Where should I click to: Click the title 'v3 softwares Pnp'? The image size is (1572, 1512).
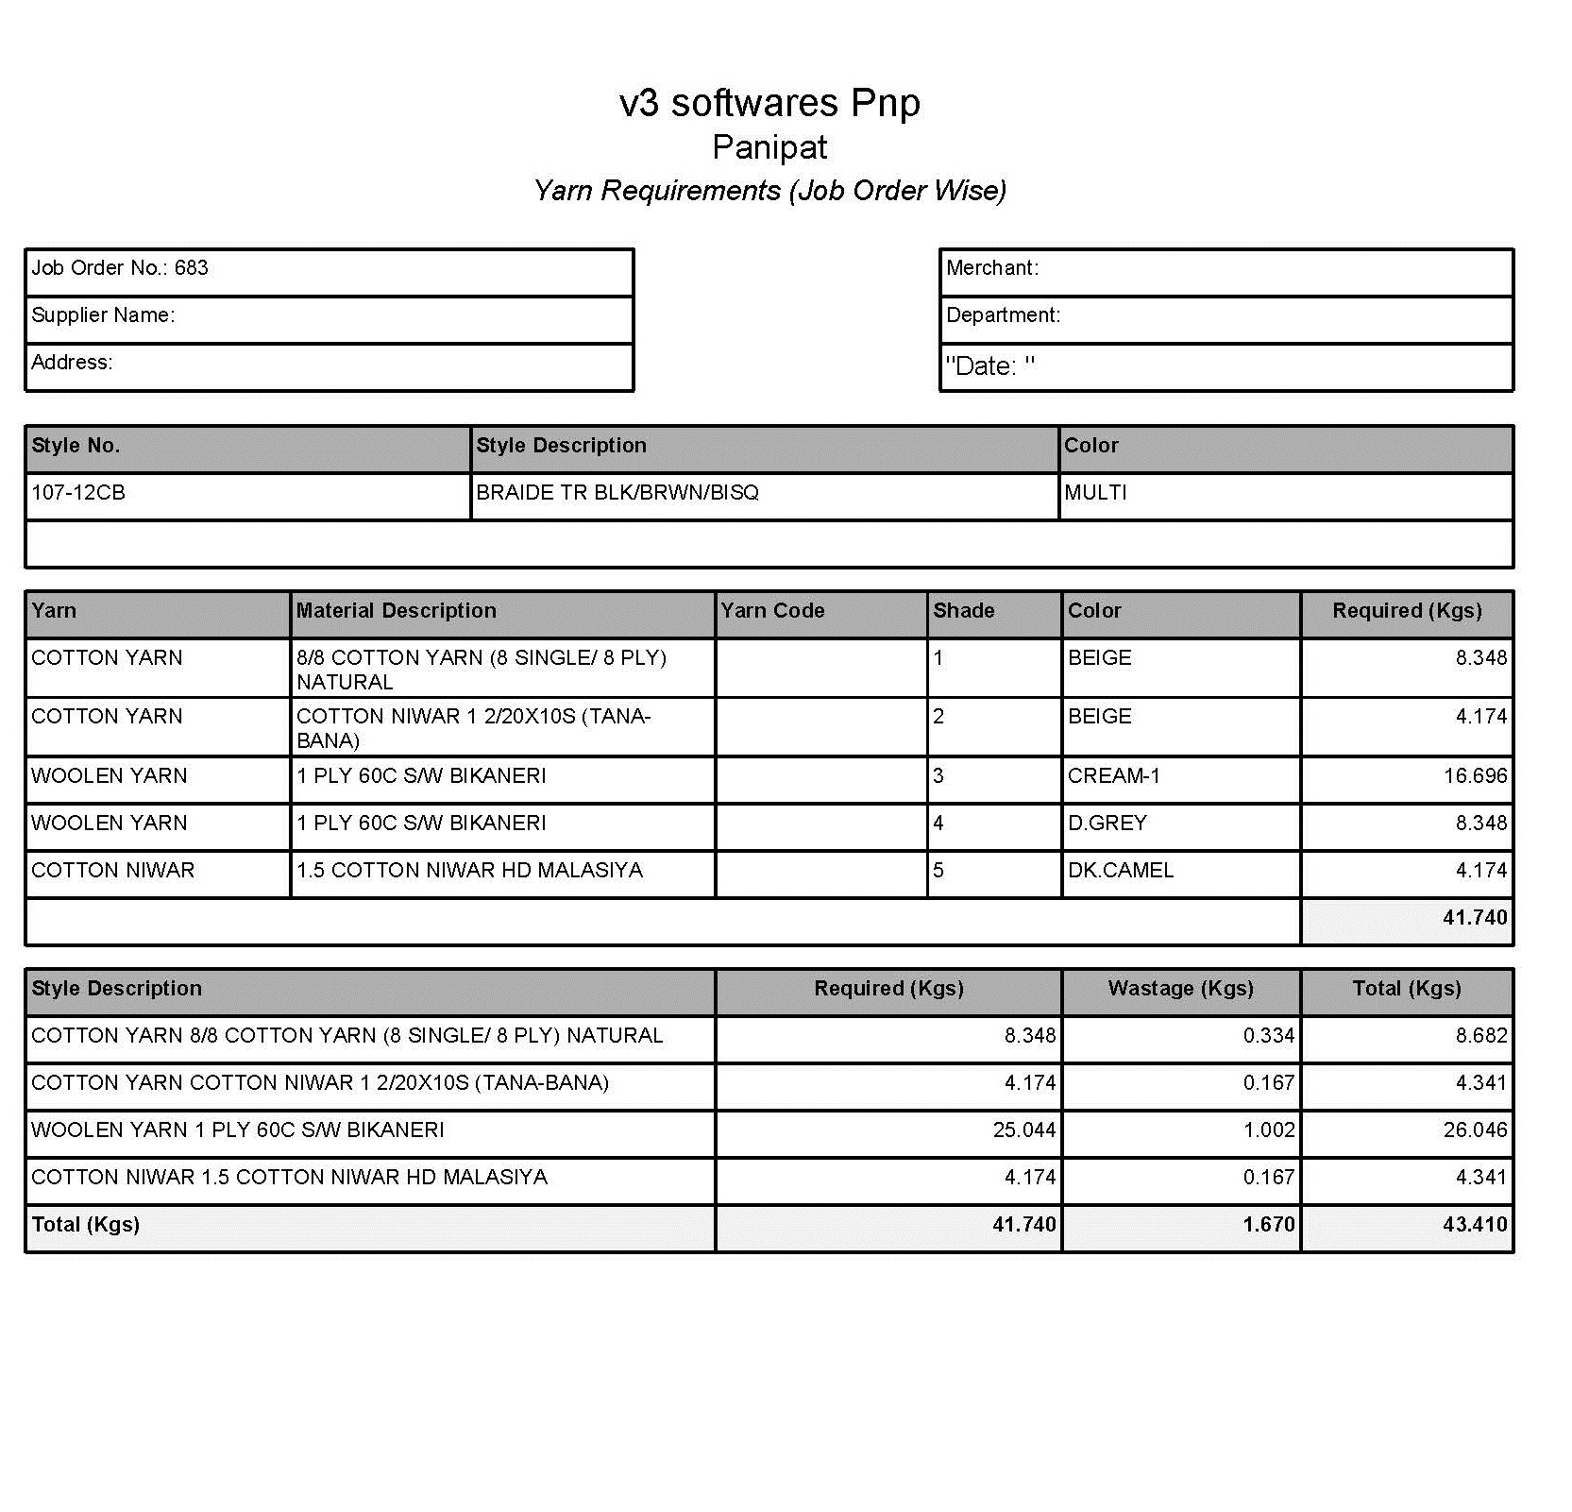click(769, 103)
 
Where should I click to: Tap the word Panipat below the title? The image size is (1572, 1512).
click(769, 147)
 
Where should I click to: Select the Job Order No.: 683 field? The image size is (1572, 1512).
click(120, 268)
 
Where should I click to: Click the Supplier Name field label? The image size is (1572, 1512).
click(103, 315)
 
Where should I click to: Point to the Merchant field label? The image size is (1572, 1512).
click(991, 268)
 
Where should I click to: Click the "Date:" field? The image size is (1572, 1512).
click(989, 366)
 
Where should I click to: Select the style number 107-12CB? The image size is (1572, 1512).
click(78, 493)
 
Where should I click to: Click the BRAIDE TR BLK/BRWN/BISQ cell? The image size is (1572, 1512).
click(617, 493)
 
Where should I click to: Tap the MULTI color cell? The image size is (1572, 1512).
click(1095, 493)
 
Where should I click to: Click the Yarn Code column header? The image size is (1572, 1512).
click(772, 611)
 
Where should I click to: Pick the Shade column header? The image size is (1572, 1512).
click(963, 611)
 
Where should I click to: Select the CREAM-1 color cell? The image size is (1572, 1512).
click(1114, 776)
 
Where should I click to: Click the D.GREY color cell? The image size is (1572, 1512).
click(1107, 824)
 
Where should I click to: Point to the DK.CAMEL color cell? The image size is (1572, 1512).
click(1121, 871)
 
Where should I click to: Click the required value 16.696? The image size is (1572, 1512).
click(1475, 776)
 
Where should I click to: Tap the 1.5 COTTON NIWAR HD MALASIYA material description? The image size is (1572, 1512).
click(469, 871)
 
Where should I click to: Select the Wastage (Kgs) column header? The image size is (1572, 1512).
click(1180, 989)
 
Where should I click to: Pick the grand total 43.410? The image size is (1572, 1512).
click(1475, 1225)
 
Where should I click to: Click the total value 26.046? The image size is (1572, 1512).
click(1475, 1130)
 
